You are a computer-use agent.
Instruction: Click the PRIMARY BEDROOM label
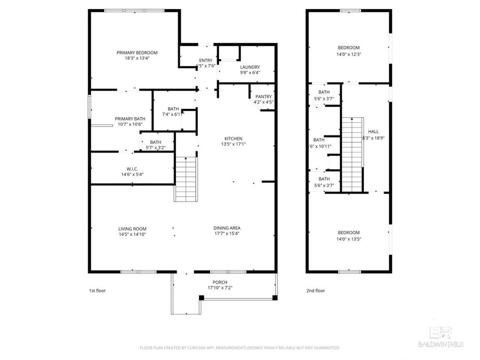pyautogui.click(x=137, y=52)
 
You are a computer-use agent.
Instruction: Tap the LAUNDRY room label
pyautogui.click(x=250, y=67)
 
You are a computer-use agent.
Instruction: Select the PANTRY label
pyautogui.click(x=263, y=96)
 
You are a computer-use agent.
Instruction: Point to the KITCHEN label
pyautogui.click(x=233, y=138)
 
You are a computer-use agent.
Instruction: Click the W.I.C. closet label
pyautogui.click(x=132, y=169)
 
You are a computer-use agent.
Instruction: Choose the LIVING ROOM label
pyautogui.click(x=132, y=228)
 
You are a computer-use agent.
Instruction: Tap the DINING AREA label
pyautogui.click(x=227, y=228)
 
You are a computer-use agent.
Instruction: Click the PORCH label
pyautogui.click(x=220, y=282)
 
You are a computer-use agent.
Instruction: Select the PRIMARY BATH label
pyautogui.click(x=130, y=118)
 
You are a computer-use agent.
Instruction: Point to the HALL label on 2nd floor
pyautogui.click(x=373, y=132)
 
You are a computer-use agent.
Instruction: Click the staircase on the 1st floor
pyautogui.click(x=186, y=179)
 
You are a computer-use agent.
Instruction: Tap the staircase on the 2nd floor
pyautogui.click(x=351, y=155)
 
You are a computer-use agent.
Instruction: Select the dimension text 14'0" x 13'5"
pyautogui.click(x=348, y=239)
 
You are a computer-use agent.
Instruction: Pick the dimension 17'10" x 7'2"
pyautogui.click(x=220, y=288)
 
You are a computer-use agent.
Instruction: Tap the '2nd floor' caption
pyautogui.click(x=316, y=291)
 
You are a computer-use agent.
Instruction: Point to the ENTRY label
pyautogui.click(x=206, y=60)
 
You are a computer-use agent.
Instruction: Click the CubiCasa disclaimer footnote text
pyautogui.click(x=239, y=348)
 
